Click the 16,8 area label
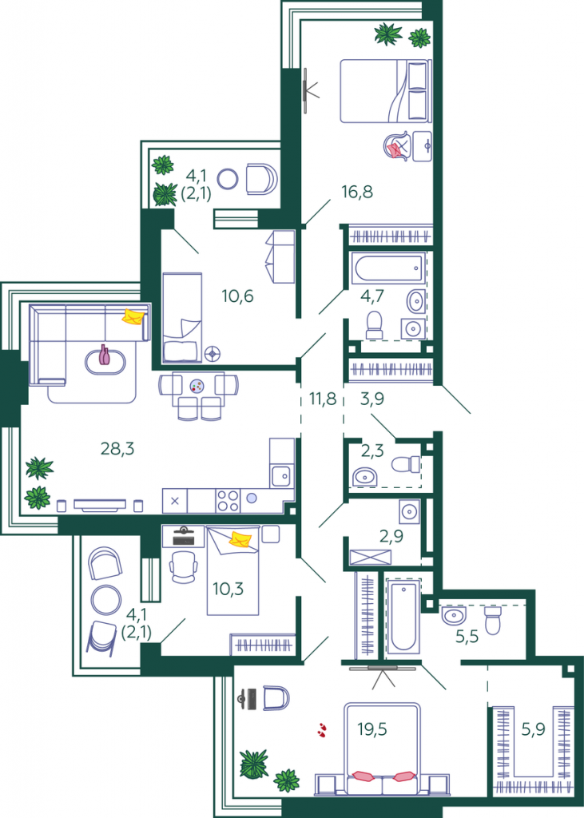point(357,192)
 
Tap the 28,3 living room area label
point(117,448)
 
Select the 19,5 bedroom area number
point(372,729)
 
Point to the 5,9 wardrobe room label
point(533,729)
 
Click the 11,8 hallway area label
point(323,399)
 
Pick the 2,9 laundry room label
point(391,536)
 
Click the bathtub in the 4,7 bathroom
point(389,268)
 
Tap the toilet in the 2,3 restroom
point(406,464)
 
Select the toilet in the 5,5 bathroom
point(493,619)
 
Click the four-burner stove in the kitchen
point(228,500)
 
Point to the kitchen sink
point(282,476)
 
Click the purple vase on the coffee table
point(105,355)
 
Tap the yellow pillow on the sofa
point(133,316)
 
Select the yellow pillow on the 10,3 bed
point(240,539)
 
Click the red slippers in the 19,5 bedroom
point(322,729)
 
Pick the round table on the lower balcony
point(106,600)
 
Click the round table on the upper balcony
point(228,179)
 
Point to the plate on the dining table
point(197,386)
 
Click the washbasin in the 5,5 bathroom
point(454,615)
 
